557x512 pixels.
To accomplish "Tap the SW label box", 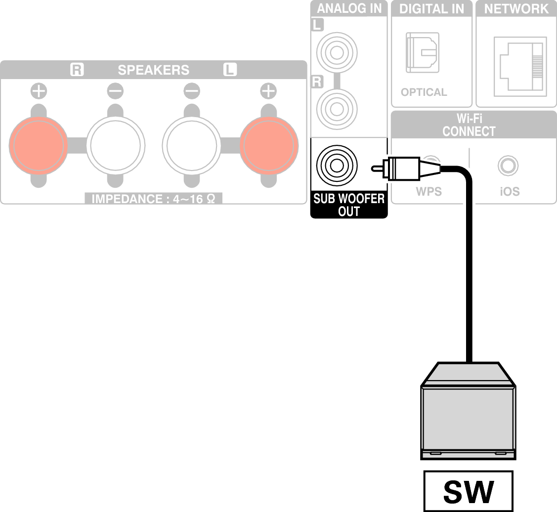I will point(468,491).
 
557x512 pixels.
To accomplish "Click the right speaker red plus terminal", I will point(38,145).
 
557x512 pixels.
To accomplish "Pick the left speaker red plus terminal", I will point(269,145).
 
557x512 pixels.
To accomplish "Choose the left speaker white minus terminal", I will point(192,145).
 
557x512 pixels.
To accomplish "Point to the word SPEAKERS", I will point(153,70).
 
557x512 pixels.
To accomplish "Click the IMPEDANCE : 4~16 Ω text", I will point(153,200).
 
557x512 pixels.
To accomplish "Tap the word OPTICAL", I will point(424,92).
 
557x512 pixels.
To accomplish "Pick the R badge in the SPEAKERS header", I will point(77,70).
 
